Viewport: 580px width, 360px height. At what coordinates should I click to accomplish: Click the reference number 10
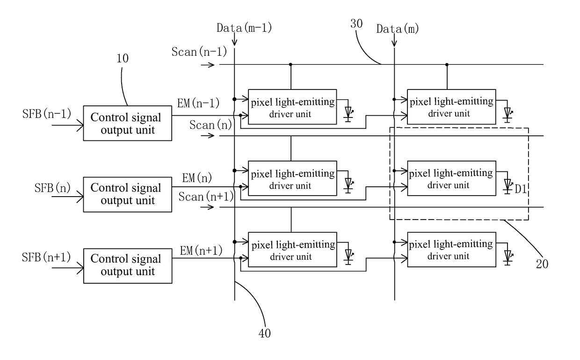click(123, 59)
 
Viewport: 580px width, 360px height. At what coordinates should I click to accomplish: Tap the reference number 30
click(356, 23)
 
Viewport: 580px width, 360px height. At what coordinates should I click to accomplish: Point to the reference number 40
click(265, 333)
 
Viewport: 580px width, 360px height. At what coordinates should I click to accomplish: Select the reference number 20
click(542, 264)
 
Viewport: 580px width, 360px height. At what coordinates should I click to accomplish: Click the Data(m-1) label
click(244, 28)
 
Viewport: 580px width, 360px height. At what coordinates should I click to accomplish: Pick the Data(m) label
click(398, 29)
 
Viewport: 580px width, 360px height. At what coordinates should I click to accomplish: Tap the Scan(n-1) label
click(199, 52)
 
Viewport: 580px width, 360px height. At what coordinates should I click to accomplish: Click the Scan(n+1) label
click(206, 197)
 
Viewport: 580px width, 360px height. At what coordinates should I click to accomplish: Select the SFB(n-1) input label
click(47, 114)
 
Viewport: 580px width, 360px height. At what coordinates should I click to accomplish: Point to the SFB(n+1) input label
click(46, 257)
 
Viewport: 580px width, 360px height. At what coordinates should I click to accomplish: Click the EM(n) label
click(197, 178)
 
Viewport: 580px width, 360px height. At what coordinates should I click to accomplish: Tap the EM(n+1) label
click(201, 250)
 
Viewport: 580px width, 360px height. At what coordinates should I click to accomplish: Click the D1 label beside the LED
click(521, 189)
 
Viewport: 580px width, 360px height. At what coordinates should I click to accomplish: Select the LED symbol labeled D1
click(508, 186)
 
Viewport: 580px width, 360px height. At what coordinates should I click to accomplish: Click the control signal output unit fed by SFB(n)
click(128, 195)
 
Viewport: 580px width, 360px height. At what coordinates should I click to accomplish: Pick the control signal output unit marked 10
click(128, 123)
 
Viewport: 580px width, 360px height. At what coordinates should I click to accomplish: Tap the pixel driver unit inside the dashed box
click(452, 178)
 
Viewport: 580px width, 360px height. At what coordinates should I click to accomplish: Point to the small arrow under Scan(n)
click(208, 136)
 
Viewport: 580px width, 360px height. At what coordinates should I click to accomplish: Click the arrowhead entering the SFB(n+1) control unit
click(80, 268)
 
